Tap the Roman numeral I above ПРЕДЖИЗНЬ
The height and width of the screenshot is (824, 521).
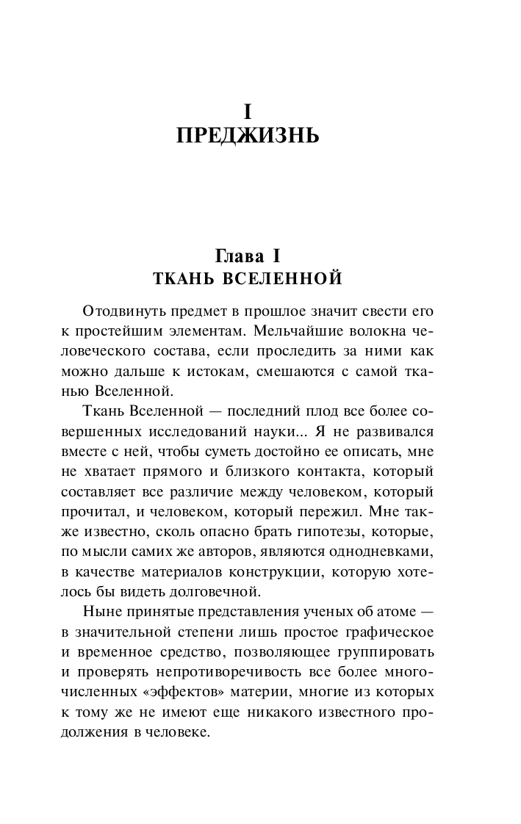point(248,112)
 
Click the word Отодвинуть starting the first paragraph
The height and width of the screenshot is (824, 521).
point(126,311)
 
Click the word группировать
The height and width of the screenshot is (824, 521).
point(383,651)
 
